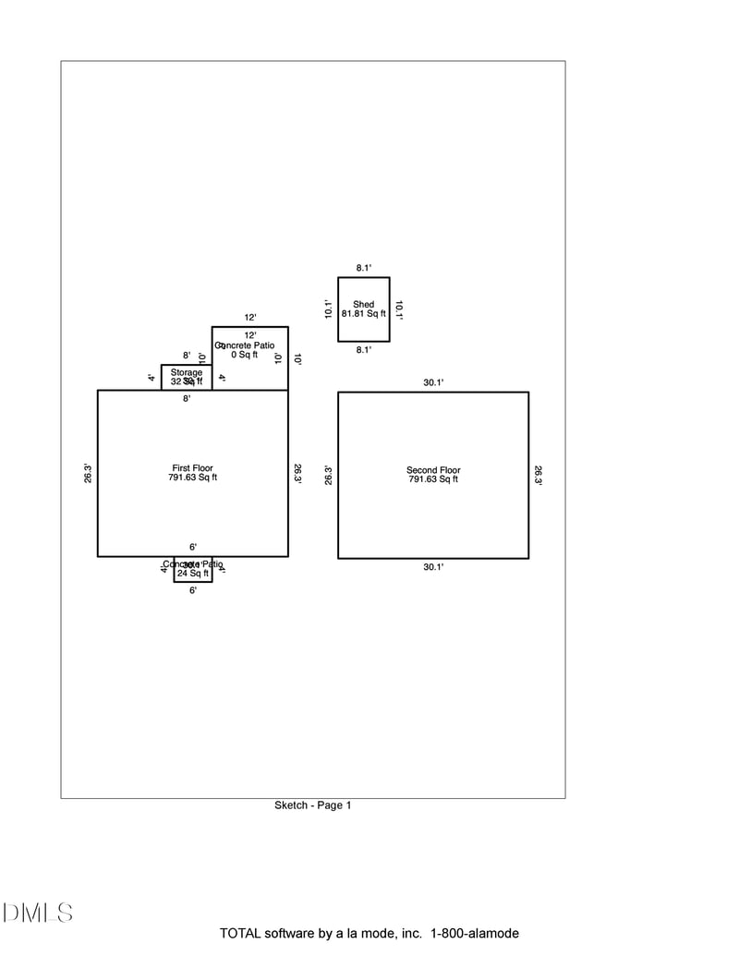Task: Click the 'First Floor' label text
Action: point(192,468)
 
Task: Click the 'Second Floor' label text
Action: point(433,470)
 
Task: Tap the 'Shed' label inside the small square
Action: point(363,305)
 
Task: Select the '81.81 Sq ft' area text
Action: point(363,314)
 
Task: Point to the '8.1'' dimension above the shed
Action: point(364,268)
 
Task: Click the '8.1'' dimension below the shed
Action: point(364,350)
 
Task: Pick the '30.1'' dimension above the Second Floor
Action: point(433,381)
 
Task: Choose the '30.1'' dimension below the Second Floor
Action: point(433,567)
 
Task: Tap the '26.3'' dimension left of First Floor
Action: point(88,473)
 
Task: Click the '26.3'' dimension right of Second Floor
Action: point(539,475)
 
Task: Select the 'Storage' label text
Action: point(186,372)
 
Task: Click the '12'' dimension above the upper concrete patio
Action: point(249,317)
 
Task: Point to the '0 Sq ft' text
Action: point(245,355)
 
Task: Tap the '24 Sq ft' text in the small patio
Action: point(192,574)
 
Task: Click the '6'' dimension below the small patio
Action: point(192,590)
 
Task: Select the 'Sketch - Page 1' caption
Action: point(312,805)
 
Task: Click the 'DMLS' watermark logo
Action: point(37,914)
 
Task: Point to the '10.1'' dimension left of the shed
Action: point(328,309)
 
